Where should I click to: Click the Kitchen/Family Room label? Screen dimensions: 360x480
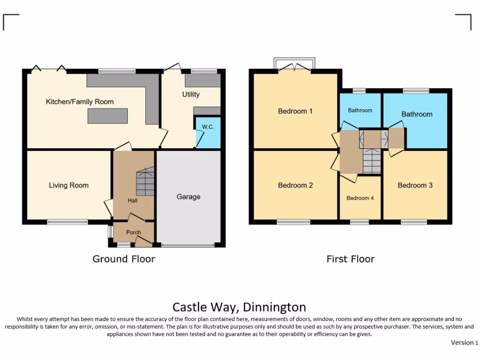(x=79, y=102)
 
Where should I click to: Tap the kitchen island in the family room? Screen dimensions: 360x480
(x=108, y=116)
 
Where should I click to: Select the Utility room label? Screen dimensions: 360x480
(x=191, y=94)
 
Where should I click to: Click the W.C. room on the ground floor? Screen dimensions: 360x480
(x=208, y=133)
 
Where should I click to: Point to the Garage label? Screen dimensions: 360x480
(x=188, y=197)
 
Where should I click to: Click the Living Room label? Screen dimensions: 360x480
(x=68, y=186)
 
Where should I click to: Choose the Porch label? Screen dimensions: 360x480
(x=133, y=232)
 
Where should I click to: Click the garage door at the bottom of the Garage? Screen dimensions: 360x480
(x=187, y=245)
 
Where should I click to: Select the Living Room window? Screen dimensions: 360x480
(x=67, y=222)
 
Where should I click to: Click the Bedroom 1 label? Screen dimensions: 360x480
(x=295, y=112)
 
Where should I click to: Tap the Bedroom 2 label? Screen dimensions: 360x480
(x=295, y=186)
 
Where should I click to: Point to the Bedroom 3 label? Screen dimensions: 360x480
(x=415, y=186)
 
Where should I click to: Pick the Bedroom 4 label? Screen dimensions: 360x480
(x=360, y=198)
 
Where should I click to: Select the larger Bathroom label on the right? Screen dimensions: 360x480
(x=417, y=114)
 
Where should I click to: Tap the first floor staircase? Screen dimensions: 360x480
(x=372, y=161)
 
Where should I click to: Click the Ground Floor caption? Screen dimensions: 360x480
(x=124, y=259)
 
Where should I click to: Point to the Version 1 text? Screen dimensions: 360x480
(x=464, y=343)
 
